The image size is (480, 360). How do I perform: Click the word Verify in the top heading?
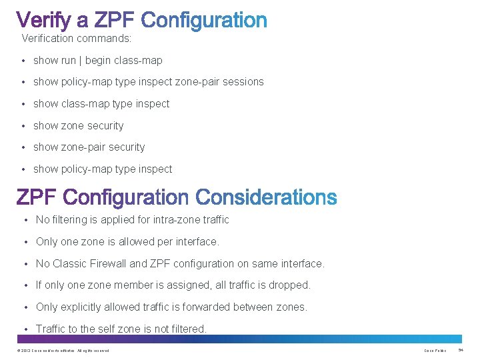pos(45,21)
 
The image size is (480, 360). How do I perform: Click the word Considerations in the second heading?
pos(267,197)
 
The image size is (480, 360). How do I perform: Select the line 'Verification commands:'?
pos(77,38)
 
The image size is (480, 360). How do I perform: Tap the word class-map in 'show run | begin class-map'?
pos(138,60)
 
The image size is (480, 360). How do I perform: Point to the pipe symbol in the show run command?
pos(81,60)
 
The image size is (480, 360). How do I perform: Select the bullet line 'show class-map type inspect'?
pos(101,104)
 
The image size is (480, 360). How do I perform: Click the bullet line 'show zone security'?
pos(79,126)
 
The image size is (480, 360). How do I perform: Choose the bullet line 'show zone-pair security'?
pos(89,147)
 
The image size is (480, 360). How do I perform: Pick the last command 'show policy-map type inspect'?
pos(103,169)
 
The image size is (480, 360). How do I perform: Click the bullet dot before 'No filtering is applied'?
pos(25,220)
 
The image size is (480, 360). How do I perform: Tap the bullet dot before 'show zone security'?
pos(23,126)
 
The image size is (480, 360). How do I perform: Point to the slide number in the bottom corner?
pos(461,351)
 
